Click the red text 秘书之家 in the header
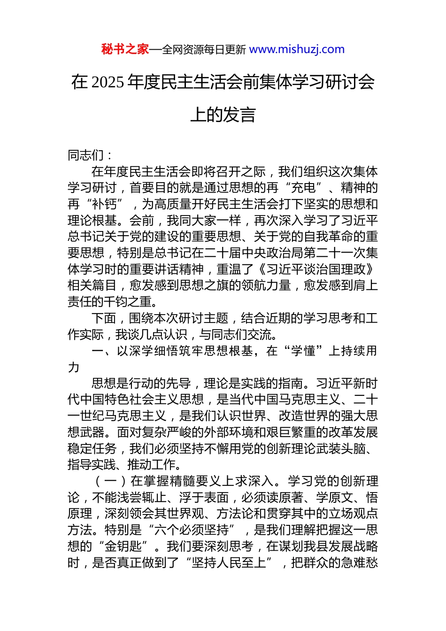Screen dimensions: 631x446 [x=125, y=49]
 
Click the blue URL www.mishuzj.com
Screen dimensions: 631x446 [x=297, y=49]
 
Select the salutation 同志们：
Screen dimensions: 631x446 [x=90, y=155]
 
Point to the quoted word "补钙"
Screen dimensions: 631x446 [x=104, y=204]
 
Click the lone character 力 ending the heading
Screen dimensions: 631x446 [x=74, y=367]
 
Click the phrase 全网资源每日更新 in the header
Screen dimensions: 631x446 [x=204, y=50]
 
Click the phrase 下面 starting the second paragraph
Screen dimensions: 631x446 [x=104, y=318]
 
